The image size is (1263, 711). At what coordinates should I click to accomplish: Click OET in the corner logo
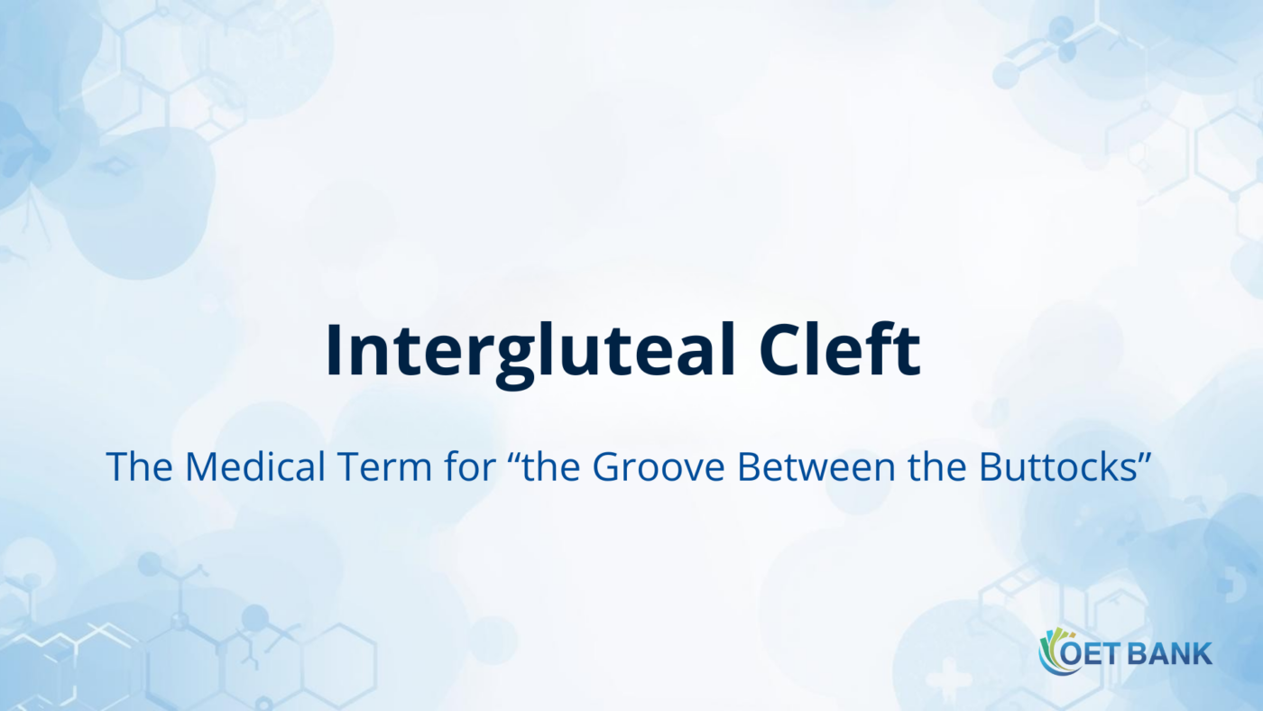(x=1090, y=653)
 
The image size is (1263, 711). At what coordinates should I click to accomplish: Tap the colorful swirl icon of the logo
(x=1052, y=651)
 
